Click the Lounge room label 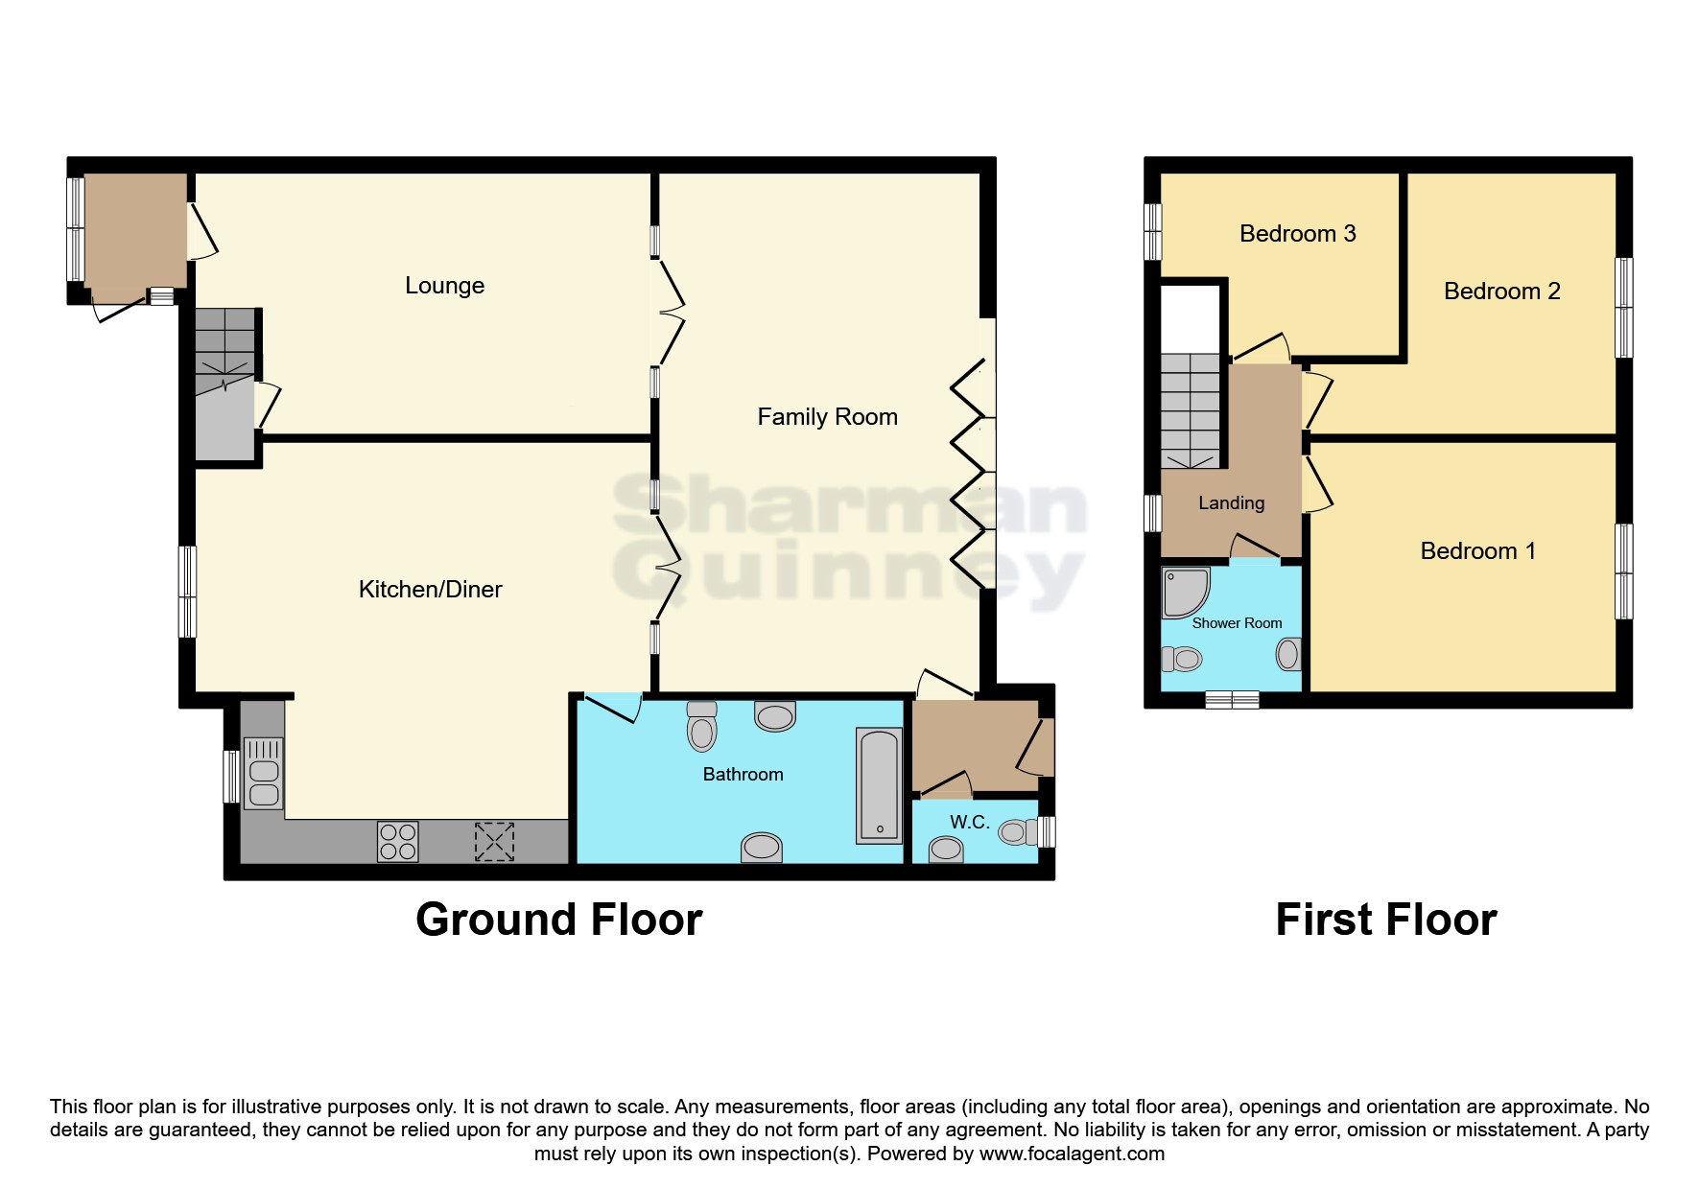[444, 286]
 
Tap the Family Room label [827, 417]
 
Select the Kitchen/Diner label [430, 590]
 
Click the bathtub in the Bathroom [879, 785]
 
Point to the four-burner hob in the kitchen [397, 842]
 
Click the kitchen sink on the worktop [263, 772]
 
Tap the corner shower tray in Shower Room [1184, 592]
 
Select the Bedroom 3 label [1297, 234]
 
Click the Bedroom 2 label [1501, 291]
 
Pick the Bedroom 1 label [1477, 551]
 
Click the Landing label [1231, 503]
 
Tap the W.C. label [969, 823]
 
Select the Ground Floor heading [558, 920]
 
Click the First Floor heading [1385, 920]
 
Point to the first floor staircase [1191, 410]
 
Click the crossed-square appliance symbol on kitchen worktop [494, 842]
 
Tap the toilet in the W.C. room [1016, 831]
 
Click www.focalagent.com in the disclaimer [1072, 1154]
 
